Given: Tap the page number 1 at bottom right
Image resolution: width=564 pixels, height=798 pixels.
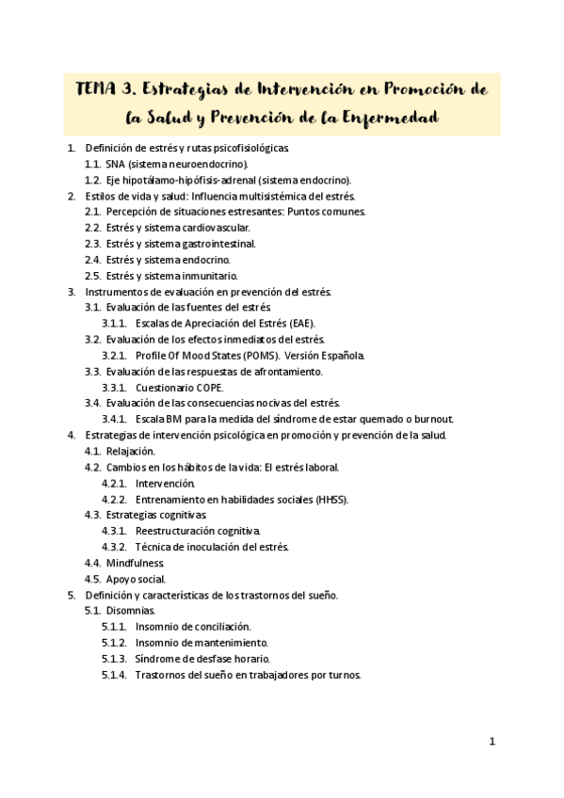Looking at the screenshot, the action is click(491, 742).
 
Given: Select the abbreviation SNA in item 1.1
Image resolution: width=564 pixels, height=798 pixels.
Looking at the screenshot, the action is click(116, 164).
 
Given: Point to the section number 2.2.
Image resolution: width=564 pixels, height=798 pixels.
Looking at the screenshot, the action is click(92, 228).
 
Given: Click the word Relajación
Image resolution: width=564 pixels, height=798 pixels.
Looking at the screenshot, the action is click(131, 452).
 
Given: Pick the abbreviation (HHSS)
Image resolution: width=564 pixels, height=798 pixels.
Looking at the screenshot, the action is click(329, 500).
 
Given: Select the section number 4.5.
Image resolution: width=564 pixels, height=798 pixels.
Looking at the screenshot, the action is click(92, 580).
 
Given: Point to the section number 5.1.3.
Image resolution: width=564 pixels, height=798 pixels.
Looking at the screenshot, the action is click(114, 659).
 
